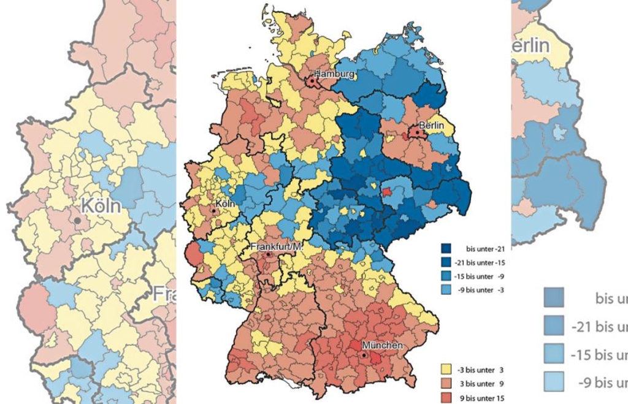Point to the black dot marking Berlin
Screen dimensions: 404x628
(x=417, y=132)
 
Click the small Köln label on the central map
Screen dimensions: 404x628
(x=225, y=204)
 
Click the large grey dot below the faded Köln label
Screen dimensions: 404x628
(x=77, y=219)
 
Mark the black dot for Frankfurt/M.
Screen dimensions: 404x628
(x=269, y=254)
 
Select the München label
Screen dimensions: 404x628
(x=382, y=346)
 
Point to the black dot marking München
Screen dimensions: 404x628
(x=363, y=355)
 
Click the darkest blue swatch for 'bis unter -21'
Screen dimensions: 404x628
(x=446, y=249)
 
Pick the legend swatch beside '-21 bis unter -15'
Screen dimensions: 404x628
(x=446, y=262)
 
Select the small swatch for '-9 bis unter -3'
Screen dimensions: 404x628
(x=446, y=289)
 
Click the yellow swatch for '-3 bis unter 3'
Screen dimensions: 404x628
(x=446, y=370)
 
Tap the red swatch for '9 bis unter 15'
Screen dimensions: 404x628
(x=446, y=397)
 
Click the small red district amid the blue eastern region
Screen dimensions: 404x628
(x=386, y=192)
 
